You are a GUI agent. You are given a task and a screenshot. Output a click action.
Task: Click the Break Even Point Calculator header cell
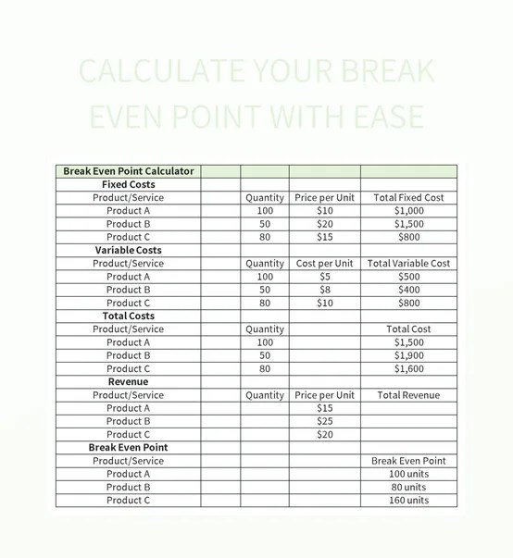point(129,171)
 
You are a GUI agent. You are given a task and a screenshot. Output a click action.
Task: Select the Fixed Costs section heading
point(129,184)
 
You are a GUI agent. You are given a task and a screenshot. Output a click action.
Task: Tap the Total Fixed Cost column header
point(408,198)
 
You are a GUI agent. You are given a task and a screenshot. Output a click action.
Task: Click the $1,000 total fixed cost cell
point(408,211)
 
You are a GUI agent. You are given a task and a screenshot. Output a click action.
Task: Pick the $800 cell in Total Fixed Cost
point(408,237)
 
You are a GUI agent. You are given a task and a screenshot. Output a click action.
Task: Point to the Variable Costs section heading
point(129,250)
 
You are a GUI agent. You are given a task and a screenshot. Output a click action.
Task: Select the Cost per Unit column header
point(324,264)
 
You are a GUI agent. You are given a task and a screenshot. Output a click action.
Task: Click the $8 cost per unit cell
point(324,290)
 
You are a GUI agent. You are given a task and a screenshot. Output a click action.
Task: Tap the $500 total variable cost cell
point(408,277)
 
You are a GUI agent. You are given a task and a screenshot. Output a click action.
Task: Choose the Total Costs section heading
point(129,316)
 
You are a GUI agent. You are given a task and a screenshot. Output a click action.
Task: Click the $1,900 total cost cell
point(408,355)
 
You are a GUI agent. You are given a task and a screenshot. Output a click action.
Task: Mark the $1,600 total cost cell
point(408,368)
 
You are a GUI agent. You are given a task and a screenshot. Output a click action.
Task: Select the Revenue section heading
point(129,381)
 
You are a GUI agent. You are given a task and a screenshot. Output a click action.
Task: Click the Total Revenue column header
point(408,395)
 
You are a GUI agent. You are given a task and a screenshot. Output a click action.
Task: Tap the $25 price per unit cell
point(324,421)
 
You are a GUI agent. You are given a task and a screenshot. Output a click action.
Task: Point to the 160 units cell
point(408,500)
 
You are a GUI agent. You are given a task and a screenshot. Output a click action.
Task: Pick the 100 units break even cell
point(408,474)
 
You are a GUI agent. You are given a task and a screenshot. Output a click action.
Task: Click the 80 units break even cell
point(408,487)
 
